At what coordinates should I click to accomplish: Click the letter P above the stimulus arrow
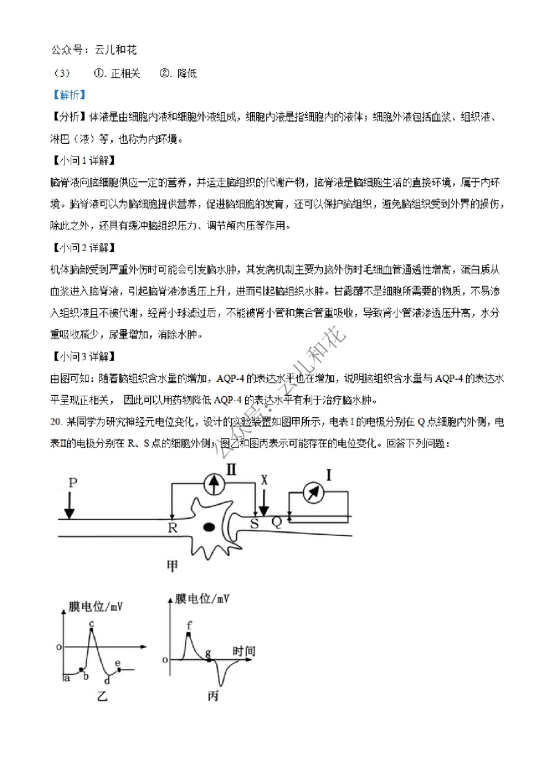point(73,483)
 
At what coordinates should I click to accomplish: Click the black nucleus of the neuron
point(208,528)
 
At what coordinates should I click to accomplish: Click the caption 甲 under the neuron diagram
point(173,566)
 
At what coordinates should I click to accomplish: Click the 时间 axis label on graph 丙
point(243,651)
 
